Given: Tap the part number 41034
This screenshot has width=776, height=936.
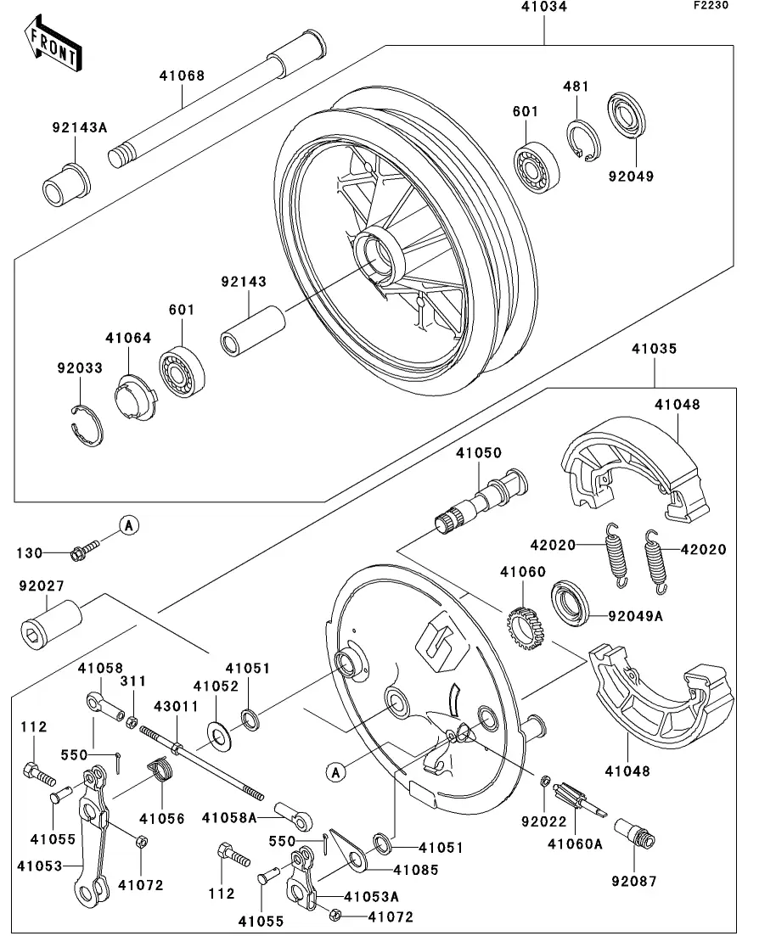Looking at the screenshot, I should [x=544, y=8].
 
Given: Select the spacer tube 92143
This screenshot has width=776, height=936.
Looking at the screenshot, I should [x=252, y=328].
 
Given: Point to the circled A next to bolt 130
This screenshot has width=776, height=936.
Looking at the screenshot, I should [x=128, y=526].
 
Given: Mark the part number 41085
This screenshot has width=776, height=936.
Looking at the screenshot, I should [x=415, y=870].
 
